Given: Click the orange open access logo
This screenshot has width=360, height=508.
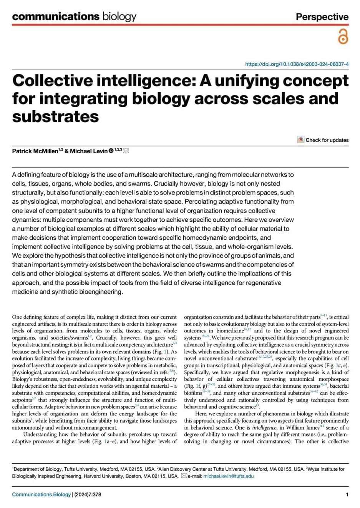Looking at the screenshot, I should coord(343,37).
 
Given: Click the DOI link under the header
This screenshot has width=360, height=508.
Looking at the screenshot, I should coord(297,64).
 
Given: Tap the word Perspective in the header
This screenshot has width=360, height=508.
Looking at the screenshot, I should coord(322,17).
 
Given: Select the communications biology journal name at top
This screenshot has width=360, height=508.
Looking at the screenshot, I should coord(74,17).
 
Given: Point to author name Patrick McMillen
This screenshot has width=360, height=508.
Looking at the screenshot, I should coord(35,151).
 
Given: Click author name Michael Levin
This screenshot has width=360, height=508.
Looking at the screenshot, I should coord(89,151).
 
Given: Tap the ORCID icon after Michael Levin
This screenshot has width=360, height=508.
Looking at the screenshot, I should coord(111,151).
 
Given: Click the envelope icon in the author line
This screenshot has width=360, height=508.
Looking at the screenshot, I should coord(126,151).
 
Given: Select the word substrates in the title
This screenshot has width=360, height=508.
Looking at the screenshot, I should coord(55,116).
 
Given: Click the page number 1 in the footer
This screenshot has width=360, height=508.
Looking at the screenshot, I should coord(347,495).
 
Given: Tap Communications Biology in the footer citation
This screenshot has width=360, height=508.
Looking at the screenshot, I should coord(41,495).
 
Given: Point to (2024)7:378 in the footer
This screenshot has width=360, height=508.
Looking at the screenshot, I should coord(88,495).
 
